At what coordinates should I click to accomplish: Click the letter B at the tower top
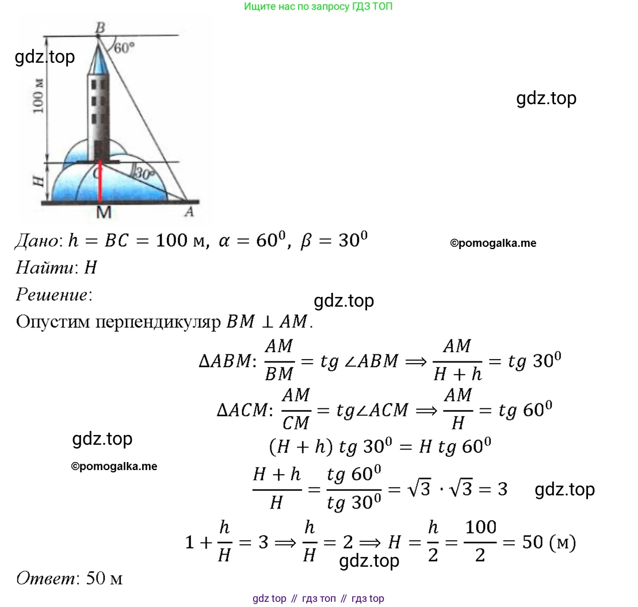[x=100, y=28]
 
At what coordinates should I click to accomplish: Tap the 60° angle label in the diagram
[x=124, y=48]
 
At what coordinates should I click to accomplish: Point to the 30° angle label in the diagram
[x=144, y=173]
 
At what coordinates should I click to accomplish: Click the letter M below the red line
[x=104, y=212]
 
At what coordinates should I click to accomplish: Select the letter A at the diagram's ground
[x=189, y=212]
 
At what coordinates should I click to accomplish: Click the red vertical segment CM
[x=100, y=182]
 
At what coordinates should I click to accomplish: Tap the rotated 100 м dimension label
[x=38, y=96]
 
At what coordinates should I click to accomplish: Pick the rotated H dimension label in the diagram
[x=38, y=181]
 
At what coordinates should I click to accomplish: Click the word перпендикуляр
[x=158, y=322]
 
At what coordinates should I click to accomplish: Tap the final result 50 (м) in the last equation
[x=549, y=543]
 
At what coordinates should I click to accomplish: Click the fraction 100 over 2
[x=480, y=541]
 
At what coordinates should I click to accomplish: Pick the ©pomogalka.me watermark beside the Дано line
[x=493, y=243]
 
